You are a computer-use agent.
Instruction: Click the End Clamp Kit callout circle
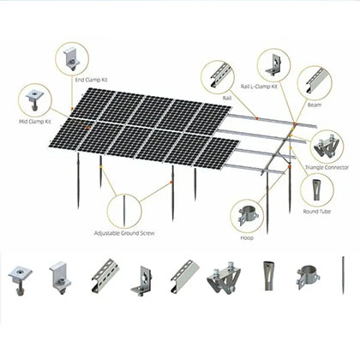click(x=72, y=59)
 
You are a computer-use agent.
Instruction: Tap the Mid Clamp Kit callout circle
click(x=36, y=100)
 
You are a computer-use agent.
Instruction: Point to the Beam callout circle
click(x=315, y=81)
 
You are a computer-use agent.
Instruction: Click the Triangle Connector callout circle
click(x=327, y=142)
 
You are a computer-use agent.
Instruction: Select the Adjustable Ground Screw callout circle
click(x=125, y=211)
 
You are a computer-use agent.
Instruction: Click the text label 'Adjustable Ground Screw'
click(x=125, y=233)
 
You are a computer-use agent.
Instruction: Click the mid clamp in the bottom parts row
click(x=21, y=276)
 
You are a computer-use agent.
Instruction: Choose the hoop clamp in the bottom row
click(x=308, y=276)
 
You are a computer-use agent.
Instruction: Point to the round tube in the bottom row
click(x=265, y=276)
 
